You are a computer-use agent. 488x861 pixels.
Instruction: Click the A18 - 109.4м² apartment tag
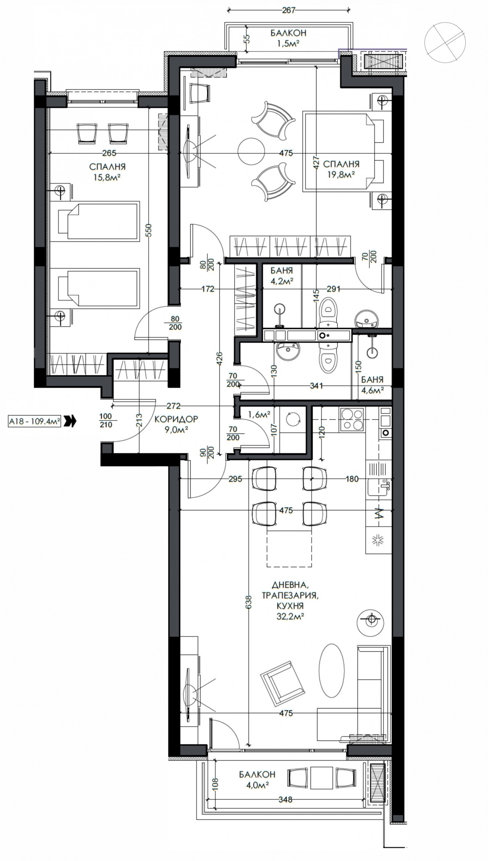pos(34,421)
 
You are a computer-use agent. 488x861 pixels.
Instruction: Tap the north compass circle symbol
pos(445,42)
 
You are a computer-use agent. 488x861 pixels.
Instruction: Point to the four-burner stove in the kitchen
pos(352,420)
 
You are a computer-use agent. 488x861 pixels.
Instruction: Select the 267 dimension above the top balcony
pos(288,11)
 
